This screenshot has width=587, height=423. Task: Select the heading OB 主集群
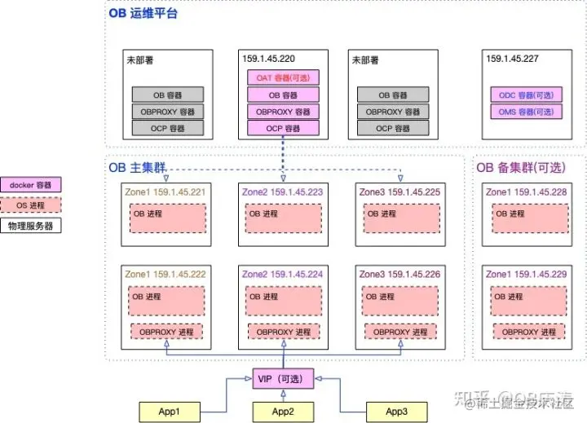point(137,168)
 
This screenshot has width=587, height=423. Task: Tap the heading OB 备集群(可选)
point(521,168)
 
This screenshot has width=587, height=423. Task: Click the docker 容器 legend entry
point(31,185)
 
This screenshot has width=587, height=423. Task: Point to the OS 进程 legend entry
point(31,205)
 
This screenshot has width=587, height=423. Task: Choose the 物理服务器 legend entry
point(31,226)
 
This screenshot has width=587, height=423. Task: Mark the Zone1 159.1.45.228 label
point(526,192)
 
